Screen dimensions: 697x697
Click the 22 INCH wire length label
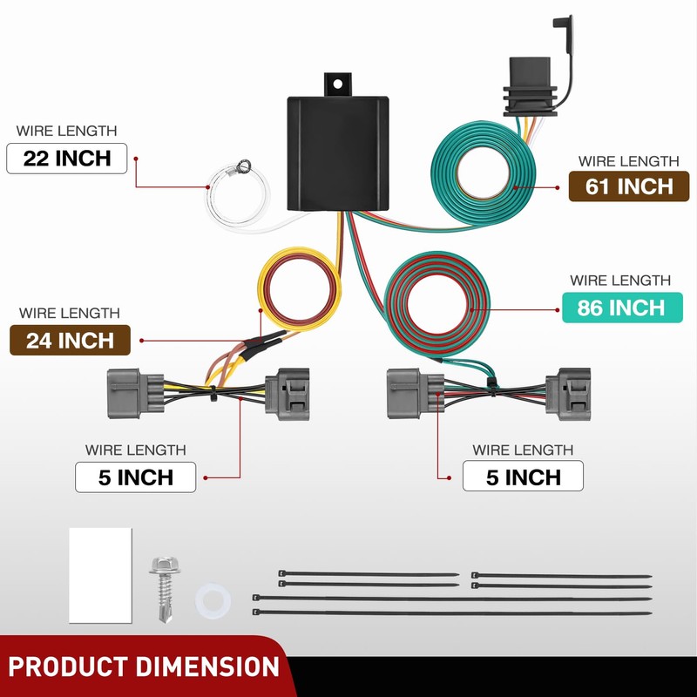tap(67, 159)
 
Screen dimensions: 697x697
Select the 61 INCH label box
tap(629, 186)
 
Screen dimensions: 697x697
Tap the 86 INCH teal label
tap(622, 308)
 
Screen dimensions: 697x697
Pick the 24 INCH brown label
tap(70, 340)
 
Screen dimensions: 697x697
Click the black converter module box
tap(338, 153)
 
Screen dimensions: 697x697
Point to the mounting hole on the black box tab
tap(337, 84)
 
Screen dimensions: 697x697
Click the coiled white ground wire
tap(237, 198)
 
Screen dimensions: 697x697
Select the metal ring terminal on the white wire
tap(243, 166)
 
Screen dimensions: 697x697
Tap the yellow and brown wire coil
tap(300, 289)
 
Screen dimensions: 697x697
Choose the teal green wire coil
tap(484, 173)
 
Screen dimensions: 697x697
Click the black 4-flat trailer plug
tap(530, 86)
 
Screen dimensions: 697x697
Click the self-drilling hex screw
tap(165, 588)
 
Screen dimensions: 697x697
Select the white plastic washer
tap(213, 601)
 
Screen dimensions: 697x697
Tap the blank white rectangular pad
tap(100, 575)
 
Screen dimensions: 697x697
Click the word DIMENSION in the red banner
tap(207, 667)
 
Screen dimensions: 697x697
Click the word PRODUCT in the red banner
tap(69, 667)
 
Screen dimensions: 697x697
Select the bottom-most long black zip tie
tap(452, 612)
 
